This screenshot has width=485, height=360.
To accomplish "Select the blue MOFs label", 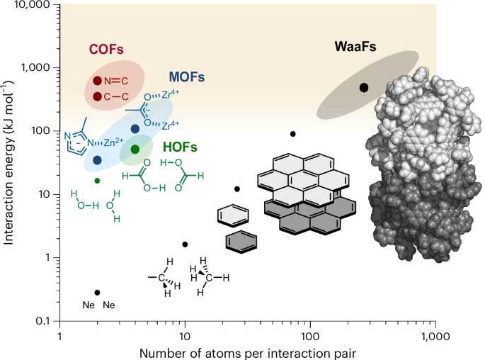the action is [187, 77].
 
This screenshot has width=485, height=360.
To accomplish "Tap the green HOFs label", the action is [180, 147].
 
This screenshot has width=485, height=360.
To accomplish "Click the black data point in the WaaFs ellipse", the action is [364, 88].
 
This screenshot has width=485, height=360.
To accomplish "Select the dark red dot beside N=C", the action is [98, 81].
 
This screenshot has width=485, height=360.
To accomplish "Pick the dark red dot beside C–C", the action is [98, 96].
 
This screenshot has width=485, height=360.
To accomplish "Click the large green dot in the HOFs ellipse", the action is [135, 149].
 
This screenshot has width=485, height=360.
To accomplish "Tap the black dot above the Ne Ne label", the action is [98, 292].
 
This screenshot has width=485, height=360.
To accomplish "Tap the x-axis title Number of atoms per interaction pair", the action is [247, 351].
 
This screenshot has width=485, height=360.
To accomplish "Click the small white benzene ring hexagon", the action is [229, 215].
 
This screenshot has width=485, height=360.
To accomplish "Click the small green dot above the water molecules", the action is [97, 181].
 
